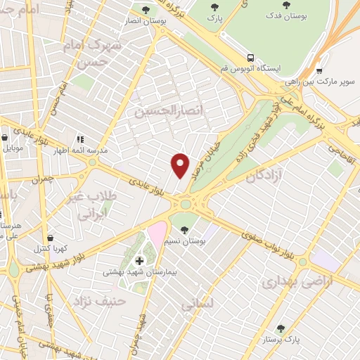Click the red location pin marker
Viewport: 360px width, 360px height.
(x=181, y=165)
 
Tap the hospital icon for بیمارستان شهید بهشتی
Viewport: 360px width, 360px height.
(x=139, y=261)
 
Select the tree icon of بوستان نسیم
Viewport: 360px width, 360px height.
(x=184, y=230)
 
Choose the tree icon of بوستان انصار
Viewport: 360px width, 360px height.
(x=146, y=10)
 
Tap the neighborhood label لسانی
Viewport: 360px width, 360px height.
(x=196, y=305)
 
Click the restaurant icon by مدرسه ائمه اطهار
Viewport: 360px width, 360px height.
(x=80, y=139)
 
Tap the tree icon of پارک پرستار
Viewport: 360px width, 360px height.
(x=281, y=328)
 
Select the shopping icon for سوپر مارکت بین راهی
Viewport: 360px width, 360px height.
(x=319, y=70)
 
